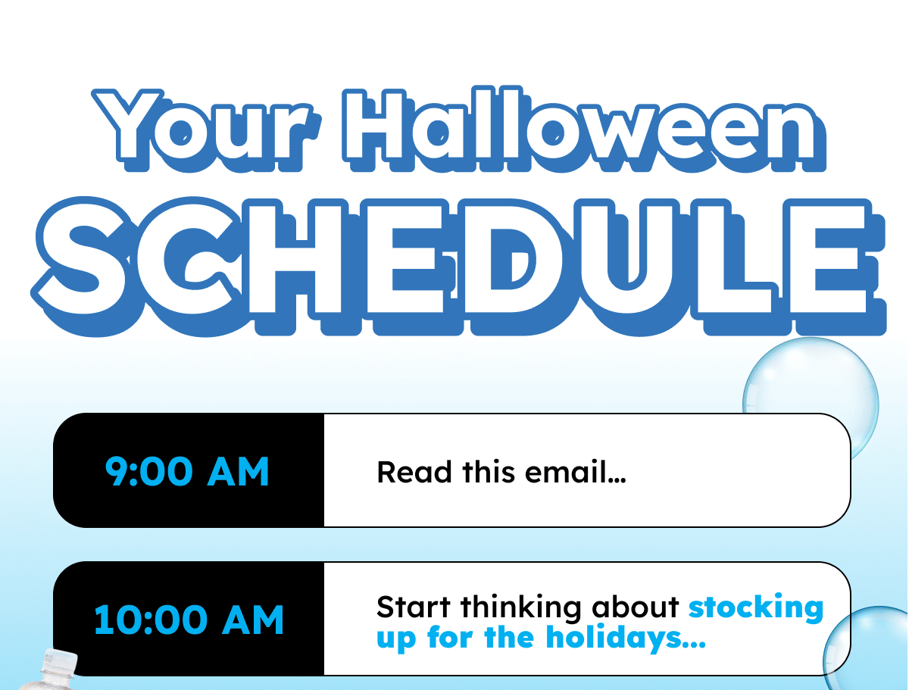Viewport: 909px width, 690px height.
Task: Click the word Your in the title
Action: click(x=206, y=130)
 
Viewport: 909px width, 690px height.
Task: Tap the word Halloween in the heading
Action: click(x=584, y=129)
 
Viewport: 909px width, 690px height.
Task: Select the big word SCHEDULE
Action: click(x=458, y=267)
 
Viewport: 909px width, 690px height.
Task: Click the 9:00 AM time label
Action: click(x=187, y=471)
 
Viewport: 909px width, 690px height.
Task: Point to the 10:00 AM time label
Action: click(x=189, y=620)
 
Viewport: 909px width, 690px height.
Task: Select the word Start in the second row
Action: click(x=414, y=607)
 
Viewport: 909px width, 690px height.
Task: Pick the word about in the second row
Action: click(x=636, y=607)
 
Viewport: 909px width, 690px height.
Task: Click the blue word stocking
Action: click(x=756, y=607)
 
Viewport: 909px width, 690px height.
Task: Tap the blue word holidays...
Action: click(x=626, y=638)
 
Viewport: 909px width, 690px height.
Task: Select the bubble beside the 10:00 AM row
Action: click(x=866, y=648)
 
